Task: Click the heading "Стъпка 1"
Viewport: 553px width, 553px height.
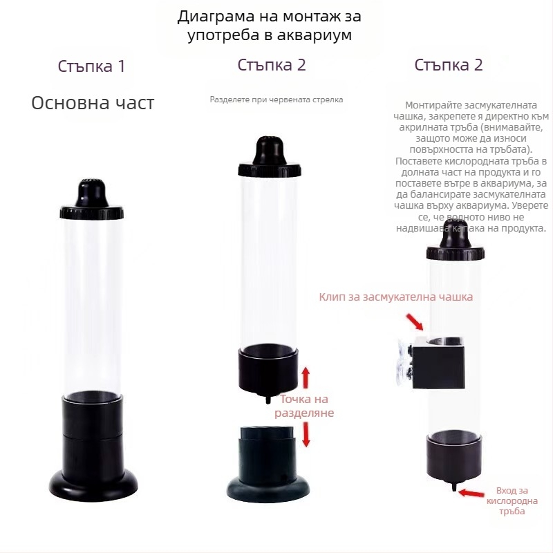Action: (x=91, y=67)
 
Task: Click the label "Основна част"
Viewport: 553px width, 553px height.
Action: (x=93, y=103)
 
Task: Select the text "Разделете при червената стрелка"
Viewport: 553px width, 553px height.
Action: (x=276, y=100)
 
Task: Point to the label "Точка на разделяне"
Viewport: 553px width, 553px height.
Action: (x=304, y=406)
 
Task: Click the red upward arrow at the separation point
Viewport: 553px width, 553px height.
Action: (x=306, y=377)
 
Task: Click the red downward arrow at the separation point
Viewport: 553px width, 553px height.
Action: (x=306, y=434)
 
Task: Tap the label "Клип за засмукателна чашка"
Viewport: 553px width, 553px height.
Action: (x=396, y=297)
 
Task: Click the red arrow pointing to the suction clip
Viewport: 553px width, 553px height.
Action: (x=415, y=321)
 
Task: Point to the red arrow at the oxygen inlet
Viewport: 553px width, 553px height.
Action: (x=472, y=493)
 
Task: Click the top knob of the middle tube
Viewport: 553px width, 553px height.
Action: (x=269, y=149)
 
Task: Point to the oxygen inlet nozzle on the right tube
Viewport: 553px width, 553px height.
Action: (x=453, y=487)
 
